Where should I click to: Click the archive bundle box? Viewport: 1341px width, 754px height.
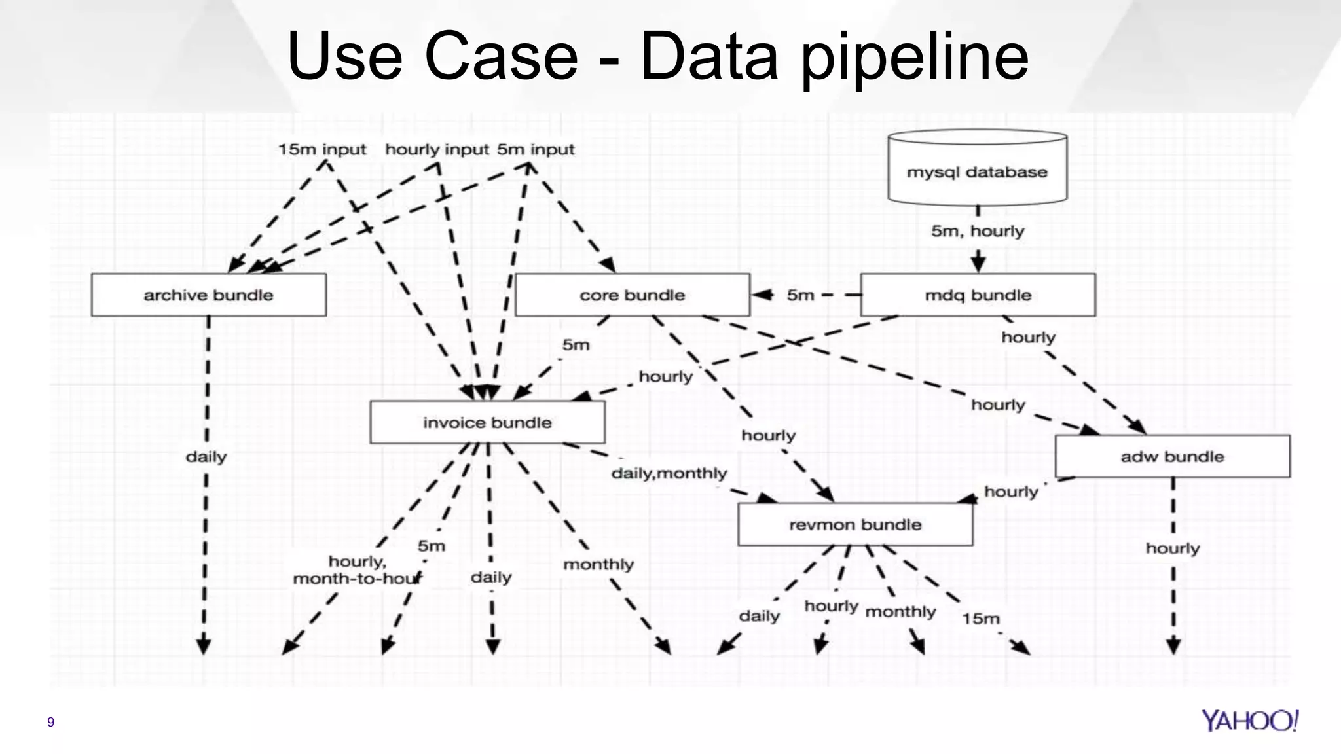pos(208,295)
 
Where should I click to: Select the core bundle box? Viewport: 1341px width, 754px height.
pos(632,295)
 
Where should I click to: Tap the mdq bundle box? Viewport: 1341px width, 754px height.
pos(978,295)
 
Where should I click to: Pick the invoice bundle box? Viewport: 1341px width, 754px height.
pos(487,423)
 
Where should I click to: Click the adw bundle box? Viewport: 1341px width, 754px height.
pos(1172,456)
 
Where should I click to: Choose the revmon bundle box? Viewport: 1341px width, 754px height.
pos(855,524)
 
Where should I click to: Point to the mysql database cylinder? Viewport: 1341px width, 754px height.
pos(977,168)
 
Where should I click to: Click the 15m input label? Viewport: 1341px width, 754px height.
pos(322,149)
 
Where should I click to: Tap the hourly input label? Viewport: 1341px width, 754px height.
pos(437,149)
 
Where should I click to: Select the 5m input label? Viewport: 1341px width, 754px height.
pos(536,149)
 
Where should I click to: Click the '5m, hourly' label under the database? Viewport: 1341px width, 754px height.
pos(978,231)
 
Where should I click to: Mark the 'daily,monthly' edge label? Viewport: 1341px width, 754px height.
pos(669,473)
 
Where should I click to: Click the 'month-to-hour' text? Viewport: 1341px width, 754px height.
pos(357,579)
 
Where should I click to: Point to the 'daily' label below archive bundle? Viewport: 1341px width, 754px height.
pos(206,456)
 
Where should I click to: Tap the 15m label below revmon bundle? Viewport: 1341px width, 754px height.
pos(980,619)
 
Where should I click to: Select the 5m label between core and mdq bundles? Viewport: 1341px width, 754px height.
pos(800,295)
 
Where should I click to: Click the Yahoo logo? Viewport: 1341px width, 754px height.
pos(1249,721)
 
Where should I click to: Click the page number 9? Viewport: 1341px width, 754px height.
pos(50,722)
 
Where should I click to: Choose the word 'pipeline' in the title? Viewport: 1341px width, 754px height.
pos(915,58)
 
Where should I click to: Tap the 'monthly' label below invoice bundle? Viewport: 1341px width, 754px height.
pos(598,564)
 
